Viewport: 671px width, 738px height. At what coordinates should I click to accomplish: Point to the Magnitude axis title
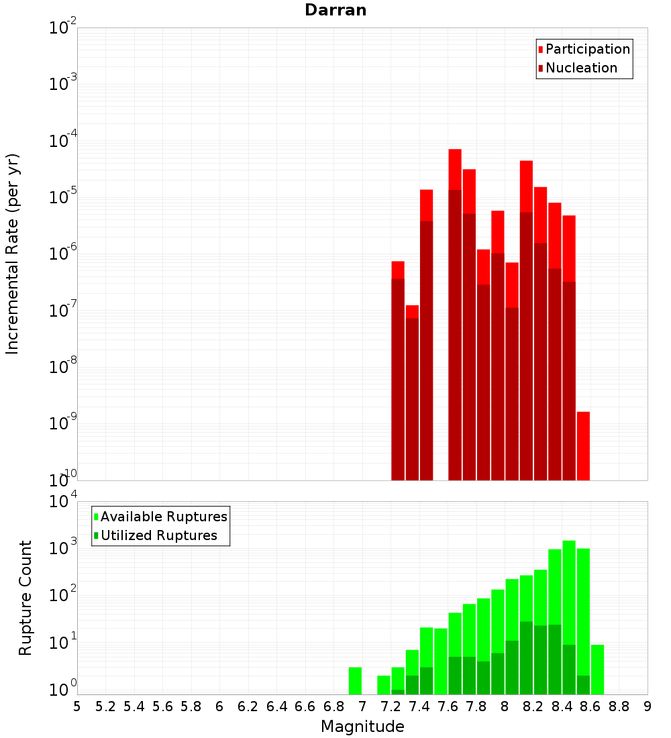(x=362, y=727)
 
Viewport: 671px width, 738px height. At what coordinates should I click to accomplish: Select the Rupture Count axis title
(x=25, y=597)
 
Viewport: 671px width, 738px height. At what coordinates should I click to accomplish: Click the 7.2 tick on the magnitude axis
(x=391, y=706)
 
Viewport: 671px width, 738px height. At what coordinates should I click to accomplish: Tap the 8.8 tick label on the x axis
(x=619, y=706)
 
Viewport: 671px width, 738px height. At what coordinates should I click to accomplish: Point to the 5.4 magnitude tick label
(x=134, y=706)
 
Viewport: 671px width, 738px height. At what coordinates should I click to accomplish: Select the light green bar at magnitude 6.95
(x=355, y=681)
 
